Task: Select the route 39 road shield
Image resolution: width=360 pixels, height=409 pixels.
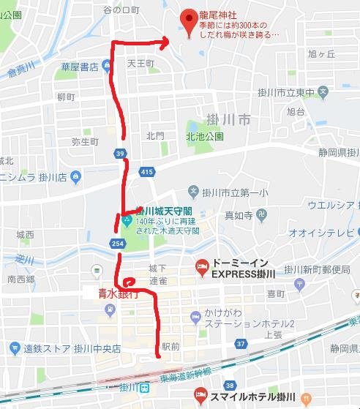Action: pos(119,153)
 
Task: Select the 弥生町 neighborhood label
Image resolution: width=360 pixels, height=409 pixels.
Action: pos(85,141)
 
